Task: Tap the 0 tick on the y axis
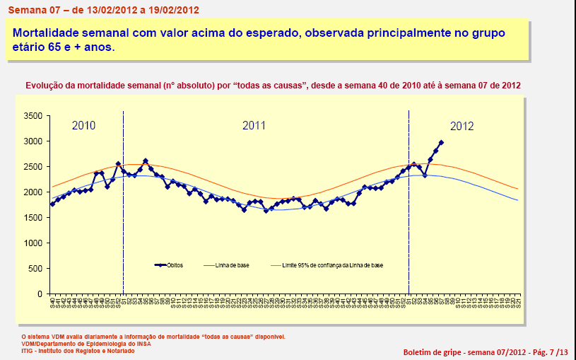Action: coord(40,294)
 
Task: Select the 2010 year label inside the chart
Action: coord(83,126)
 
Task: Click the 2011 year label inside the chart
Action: coord(254,126)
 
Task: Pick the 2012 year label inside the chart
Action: coord(462,127)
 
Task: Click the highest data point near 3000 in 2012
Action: coord(441,142)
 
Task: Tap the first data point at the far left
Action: coord(52,204)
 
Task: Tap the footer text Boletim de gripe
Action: coord(432,352)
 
